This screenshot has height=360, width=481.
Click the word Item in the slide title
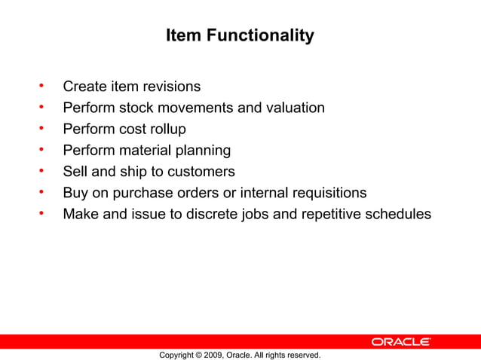click(179, 35)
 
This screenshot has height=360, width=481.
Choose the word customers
click(204, 171)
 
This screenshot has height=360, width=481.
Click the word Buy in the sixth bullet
click(75, 192)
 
